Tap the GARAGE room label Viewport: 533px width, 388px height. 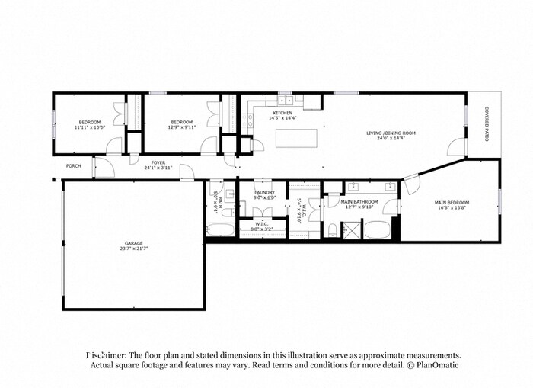click(133, 243)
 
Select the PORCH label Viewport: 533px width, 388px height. click(73, 165)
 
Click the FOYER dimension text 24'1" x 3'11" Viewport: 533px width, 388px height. click(158, 168)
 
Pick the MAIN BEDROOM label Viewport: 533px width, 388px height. click(452, 202)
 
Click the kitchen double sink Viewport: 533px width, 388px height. click(286, 100)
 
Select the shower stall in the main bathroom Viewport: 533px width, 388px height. click(351, 229)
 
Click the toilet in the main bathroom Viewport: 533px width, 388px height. click(333, 230)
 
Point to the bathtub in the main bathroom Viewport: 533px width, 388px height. click(378, 229)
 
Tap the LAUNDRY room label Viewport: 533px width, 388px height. click(263, 193)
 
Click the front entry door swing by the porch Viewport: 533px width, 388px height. click(101, 165)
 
